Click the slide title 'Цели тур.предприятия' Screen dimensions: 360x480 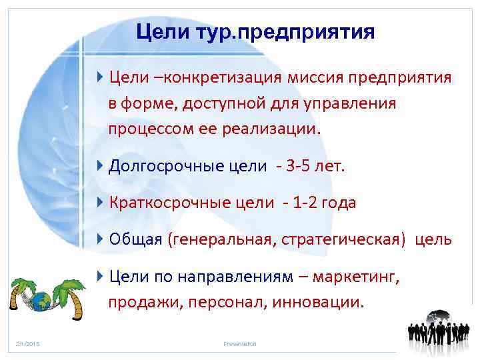[x=255, y=31]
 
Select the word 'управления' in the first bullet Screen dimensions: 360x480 [x=359, y=103]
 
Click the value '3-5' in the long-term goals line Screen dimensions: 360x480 [x=296, y=165]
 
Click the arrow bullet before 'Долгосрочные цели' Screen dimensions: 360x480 [x=99, y=165]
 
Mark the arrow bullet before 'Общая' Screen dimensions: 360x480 [x=99, y=239]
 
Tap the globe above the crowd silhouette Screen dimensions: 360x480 [x=439, y=317]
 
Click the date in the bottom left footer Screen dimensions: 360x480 [x=28, y=343]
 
